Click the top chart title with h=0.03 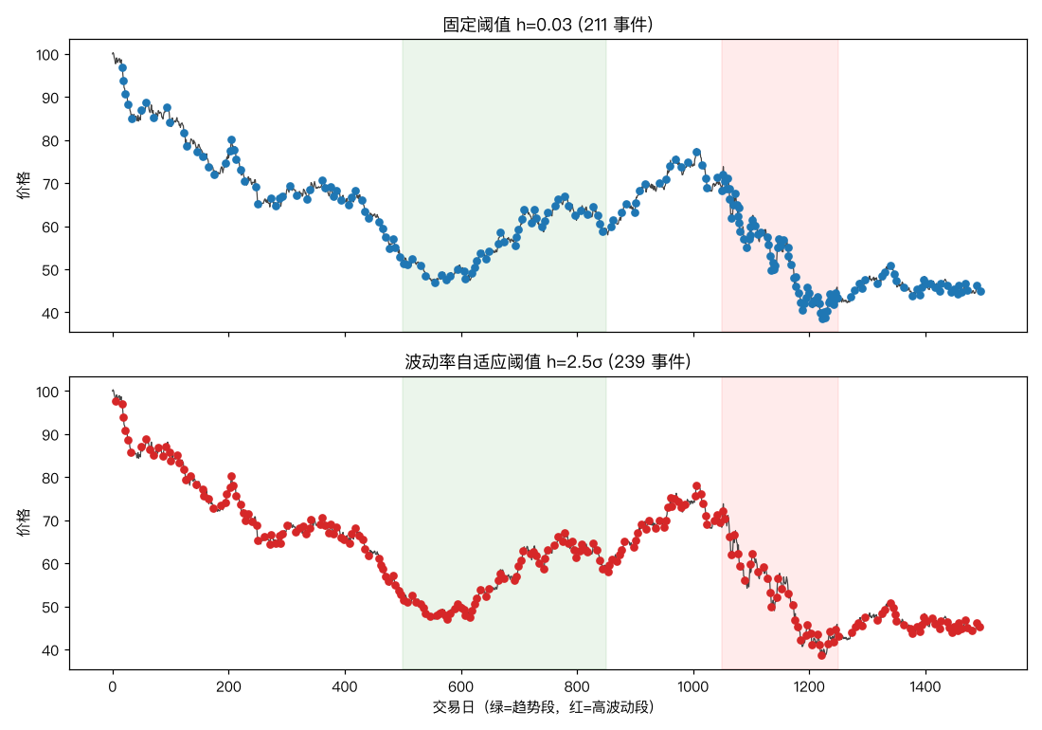pos(548,25)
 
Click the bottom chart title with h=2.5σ pos(548,361)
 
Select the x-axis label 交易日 pos(453,706)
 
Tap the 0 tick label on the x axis pos(113,686)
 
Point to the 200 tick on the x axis pos(228,686)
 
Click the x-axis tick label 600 pos(460,686)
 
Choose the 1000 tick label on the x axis pos(693,686)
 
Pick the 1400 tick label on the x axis pos(925,686)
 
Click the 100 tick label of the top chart pos(48,55)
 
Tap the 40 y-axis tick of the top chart pos(51,313)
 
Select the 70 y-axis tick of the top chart pos(51,184)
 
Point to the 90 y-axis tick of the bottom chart pos(51,435)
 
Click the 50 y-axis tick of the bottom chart pos(51,607)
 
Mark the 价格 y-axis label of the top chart pos(24,186)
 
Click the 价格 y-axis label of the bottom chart pos(24,522)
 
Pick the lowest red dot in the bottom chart pos(822,655)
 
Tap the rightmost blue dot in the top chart pos(980,291)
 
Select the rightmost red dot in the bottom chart pos(979,627)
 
